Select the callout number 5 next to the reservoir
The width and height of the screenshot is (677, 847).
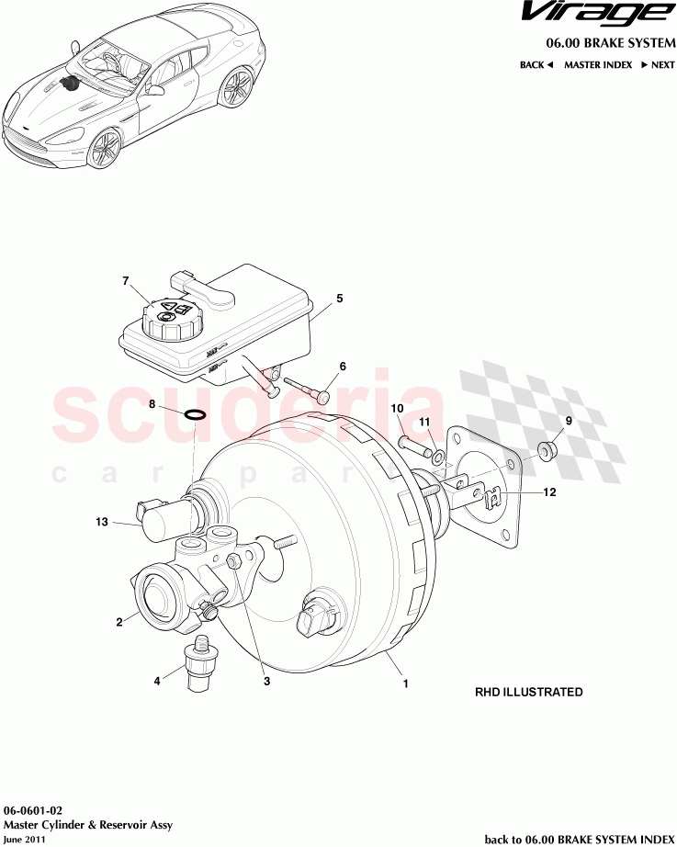339,299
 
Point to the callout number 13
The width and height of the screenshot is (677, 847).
103,523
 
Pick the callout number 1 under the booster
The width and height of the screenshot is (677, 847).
405,683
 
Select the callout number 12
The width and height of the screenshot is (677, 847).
549,492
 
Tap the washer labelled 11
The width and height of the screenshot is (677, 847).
441,457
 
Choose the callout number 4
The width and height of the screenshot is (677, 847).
157,681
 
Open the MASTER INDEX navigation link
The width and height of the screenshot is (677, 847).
597,65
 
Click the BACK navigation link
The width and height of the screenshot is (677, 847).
536,65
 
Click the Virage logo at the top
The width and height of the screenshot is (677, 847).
592,14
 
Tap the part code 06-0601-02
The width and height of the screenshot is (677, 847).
33,811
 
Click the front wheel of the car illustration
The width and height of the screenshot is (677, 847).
106,147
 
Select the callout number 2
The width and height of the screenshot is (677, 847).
119,622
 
